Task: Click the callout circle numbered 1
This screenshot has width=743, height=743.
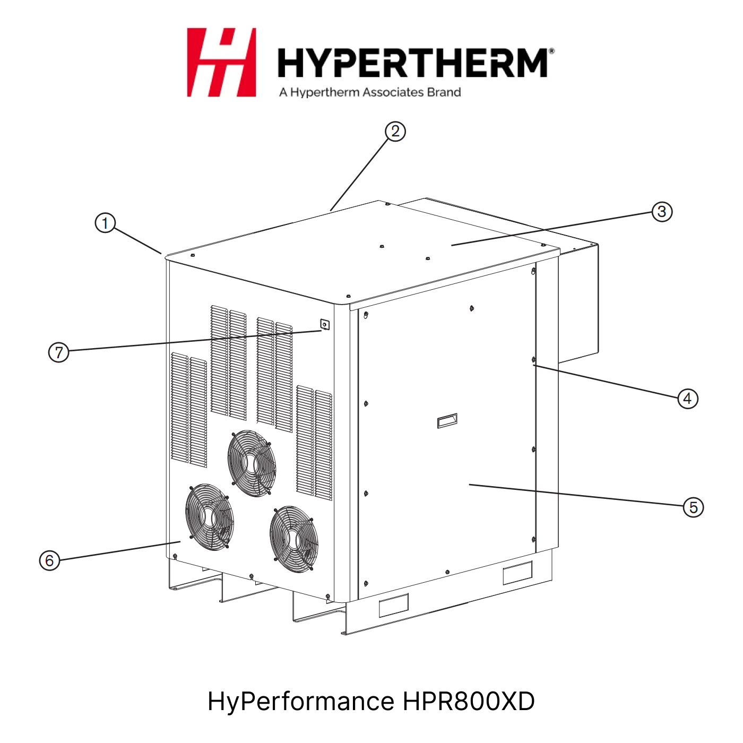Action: (x=105, y=223)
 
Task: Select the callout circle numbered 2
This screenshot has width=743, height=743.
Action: (x=395, y=132)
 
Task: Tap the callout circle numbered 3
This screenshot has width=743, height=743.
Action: (x=662, y=211)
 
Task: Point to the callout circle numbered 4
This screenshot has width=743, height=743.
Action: (x=687, y=398)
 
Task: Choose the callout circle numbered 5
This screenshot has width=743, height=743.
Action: (x=693, y=507)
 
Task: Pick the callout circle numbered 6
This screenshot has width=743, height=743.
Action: (x=49, y=560)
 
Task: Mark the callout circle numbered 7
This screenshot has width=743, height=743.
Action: (x=58, y=352)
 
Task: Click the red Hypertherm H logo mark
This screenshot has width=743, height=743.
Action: (x=221, y=62)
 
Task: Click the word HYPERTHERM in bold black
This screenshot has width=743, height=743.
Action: (x=412, y=63)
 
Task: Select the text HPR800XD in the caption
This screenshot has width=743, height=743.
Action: (x=469, y=701)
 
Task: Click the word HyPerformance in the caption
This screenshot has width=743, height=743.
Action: (x=301, y=702)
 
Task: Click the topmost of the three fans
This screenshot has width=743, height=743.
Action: (x=252, y=463)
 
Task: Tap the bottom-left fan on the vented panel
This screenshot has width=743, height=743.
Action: (x=209, y=517)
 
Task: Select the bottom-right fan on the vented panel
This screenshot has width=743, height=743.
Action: (x=294, y=539)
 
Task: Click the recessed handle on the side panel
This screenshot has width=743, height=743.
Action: (x=447, y=421)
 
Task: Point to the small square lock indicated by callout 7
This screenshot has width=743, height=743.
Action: (x=325, y=325)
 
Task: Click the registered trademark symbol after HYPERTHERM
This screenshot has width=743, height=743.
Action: (x=551, y=51)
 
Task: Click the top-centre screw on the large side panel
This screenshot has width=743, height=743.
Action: (x=472, y=308)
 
